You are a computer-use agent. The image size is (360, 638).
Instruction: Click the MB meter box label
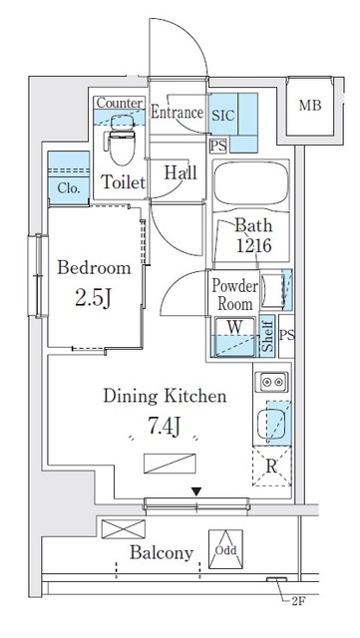[x=310, y=106]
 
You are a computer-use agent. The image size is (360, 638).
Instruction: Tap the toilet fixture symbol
[x=121, y=140]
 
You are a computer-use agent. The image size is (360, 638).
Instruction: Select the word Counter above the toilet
[x=120, y=103]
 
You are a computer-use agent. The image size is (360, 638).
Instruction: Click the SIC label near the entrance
[x=223, y=116]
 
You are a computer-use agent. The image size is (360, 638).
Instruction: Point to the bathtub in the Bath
[x=251, y=183]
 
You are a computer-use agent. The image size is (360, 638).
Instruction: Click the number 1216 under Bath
[x=253, y=245]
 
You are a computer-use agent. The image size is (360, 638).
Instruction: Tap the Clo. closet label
[x=68, y=188]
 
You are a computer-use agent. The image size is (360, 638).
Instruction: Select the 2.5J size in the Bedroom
[x=94, y=298]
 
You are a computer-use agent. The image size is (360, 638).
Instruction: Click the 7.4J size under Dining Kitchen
[x=164, y=426]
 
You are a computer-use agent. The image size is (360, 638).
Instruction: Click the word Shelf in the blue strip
[x=267, y=337]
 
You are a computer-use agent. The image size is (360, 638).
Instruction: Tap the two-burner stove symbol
[x=271, y=382]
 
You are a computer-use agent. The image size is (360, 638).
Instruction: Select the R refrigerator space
[x=271, y=467]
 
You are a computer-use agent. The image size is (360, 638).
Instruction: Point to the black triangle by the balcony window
[x=196, y=491]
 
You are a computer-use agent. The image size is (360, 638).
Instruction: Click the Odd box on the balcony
[x=225, y=549]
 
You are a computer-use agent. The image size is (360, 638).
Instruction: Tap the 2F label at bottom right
[x=298, y=601]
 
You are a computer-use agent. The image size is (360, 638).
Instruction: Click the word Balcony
[x=162, y=552]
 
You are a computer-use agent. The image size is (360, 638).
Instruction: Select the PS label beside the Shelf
[x=287, y=335]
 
